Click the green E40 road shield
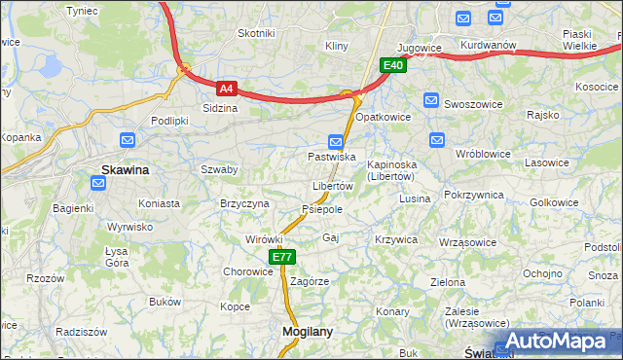pyautogui.click(x=392, y=65)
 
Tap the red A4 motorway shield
pyautogui.click(x=226, y=88)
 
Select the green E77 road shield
pyautogui.click(x=281, y=257)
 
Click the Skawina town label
pyautogui.click(x=126, y=170)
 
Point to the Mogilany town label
pyautogui.click(x=307, y=332)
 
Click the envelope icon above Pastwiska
pyautogui.click(x=336, y=140)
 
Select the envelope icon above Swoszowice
pyautogui.click(x=432, y=99)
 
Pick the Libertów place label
pyautogui.click(x=332, y=186)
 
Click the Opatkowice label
pyautogui.click(x=383, y=117)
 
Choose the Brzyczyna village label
pyautogui.click(x=244, y=203)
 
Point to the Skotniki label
pyautogui.click(x=257, y=33)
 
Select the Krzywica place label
pyautogui.click(x=395, y=239)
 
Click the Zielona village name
pyautogui.click(x=448, y=282)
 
